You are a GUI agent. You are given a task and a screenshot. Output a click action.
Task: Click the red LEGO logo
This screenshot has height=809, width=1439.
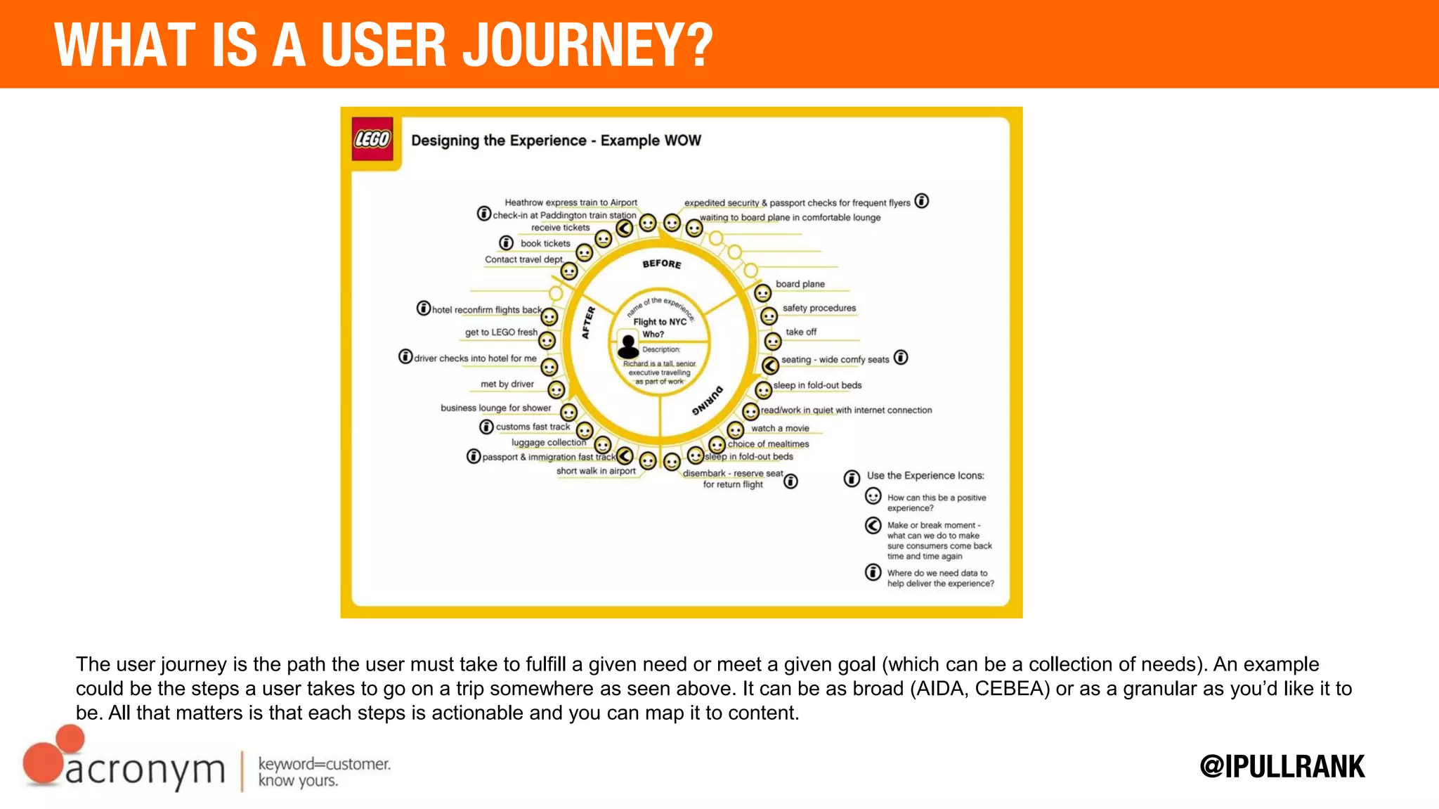click(x=372, y=139)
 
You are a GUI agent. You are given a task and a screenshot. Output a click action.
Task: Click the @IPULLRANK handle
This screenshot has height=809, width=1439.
click(x=1282, y=766)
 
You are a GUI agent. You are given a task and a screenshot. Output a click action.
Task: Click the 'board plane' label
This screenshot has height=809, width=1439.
click(x=800, y=284)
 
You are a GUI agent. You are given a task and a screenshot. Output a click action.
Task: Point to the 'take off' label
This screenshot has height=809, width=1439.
click(x=800, y=332)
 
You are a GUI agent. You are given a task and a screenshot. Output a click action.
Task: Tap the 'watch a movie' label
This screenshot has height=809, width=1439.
click(x=780, y=428)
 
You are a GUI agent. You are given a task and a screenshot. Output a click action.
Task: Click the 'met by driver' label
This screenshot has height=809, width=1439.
click(x=507, y=384)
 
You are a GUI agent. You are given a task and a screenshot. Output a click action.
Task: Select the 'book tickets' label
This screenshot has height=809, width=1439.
click(x=545, y=243)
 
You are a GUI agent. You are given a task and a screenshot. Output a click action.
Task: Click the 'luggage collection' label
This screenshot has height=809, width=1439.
click(x=548, y=442)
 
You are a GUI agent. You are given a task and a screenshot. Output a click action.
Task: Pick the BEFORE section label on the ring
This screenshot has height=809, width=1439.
click(x=661, y=264)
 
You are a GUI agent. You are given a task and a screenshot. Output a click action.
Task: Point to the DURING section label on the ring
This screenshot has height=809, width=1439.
click(x=707, y=401)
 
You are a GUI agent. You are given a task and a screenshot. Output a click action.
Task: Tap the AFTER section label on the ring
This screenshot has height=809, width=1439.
click(x=588, y=323)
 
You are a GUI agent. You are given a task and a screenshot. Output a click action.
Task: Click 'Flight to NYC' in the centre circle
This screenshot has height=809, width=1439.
click(x=659, y=322)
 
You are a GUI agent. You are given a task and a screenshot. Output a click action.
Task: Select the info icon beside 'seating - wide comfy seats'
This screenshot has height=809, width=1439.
click(x=901, y=358)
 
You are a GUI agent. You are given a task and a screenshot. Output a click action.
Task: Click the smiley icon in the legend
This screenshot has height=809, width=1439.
click(x=873, y=497)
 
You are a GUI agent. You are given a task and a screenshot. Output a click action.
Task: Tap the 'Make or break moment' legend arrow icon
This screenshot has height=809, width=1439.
click(x=873, y=525)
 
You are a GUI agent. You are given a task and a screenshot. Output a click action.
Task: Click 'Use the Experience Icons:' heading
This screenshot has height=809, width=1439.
click(x=925, y=476)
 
